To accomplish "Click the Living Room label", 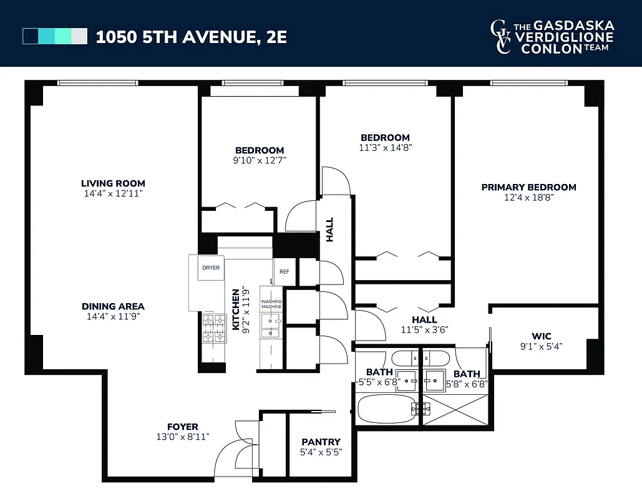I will [113, 183].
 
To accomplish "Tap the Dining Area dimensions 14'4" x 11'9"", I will [113, 317].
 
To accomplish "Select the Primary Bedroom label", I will [528, 187].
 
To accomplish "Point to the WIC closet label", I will [542, 336].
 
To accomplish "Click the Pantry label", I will [321, 442].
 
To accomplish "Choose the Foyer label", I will [182, 427].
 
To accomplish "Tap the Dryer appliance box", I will [210, 268].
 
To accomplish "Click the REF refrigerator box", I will [284, 271].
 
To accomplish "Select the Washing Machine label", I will [271, 304].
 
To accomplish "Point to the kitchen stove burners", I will [214, 329].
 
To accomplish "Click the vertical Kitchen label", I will [236, 309].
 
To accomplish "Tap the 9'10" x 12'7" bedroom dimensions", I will [259, 160].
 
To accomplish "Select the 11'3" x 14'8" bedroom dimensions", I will [385, 148].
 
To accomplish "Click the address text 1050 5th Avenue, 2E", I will [191, 37].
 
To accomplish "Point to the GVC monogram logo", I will [500, 37].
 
